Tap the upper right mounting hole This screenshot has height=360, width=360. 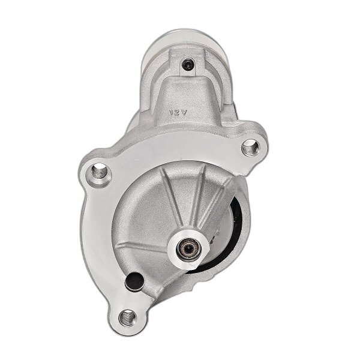250,146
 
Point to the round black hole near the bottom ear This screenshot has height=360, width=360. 133,281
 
